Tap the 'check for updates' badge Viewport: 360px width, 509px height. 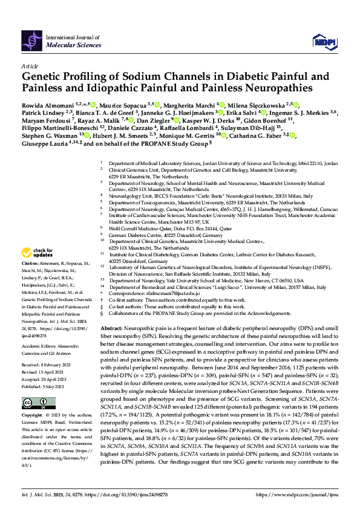38,252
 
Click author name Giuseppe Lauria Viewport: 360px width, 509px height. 43,144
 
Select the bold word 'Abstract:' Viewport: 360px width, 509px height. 112,325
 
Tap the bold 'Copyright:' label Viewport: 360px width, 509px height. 33,416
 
